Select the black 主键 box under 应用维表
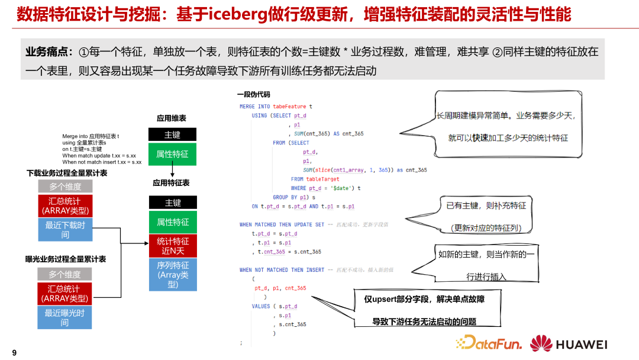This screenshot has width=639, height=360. [x=172, y=134]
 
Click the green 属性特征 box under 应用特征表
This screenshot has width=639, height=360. [x=172, y=222]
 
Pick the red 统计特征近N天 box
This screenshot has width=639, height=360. [x=172, y=246]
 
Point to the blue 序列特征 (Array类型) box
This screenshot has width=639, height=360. [x=172, y=275]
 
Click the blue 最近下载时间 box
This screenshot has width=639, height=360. [x=65, y=230]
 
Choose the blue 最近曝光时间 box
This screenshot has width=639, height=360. [x=65, y=317]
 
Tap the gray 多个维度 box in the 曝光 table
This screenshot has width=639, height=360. [x=65, y=274]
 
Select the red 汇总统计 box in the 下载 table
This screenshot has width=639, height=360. [x=65, y=206]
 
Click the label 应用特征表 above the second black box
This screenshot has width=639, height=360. [x=171, y=183]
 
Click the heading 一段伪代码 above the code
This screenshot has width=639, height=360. [x=253, y=94]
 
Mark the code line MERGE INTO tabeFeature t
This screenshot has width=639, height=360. [x=276, y=107]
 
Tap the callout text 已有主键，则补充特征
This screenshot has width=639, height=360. [x=486, y=205]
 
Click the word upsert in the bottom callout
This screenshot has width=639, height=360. [x=387, y=299]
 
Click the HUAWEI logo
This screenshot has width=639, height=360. [x=569, y=343]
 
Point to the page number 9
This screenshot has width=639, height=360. [x=14, y=353]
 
